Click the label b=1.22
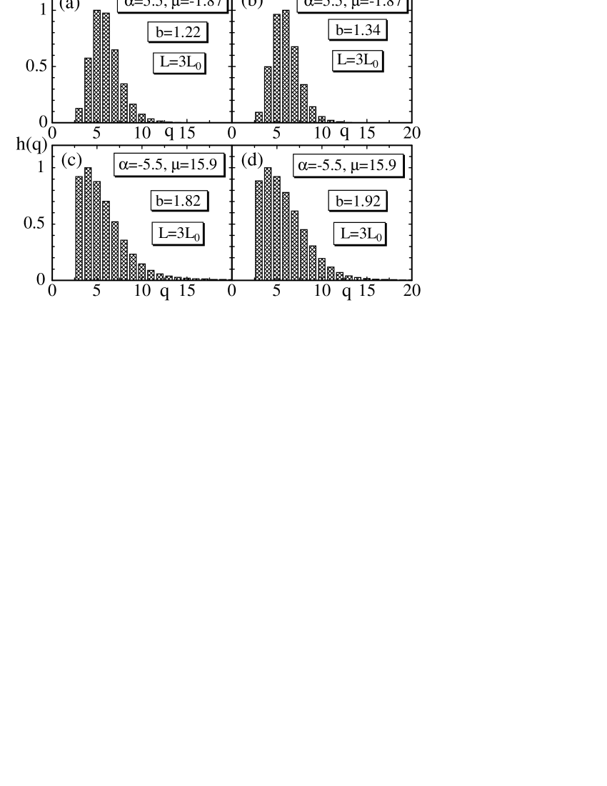click(x=178, y=32)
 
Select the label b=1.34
click(x=357, y=30)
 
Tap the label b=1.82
click(x=179, y=201)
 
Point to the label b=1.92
click(x=358, y=202)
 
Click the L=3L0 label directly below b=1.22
click(x=179, y=63)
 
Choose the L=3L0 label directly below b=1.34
click(x=357, y=61)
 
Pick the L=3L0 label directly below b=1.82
click(x=178, y=234)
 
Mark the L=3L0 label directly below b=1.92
click(x=360, y=234)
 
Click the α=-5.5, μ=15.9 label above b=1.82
click(x=169, y=165)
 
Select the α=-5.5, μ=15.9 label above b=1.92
click(x=348, y=166)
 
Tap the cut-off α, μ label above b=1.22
click(x=172, y=4)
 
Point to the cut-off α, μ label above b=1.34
click(x=352, y=4)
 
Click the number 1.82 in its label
click(x=187, y=201)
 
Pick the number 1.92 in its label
click(x=367, y=202)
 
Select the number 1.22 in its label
click(x=186, y=32)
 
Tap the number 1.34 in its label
click(x=366, y=30)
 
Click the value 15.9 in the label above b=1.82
click(x=203, y=165)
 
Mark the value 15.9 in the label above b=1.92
click(x=382, y=166)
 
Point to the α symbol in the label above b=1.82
click(x=124, y=166)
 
